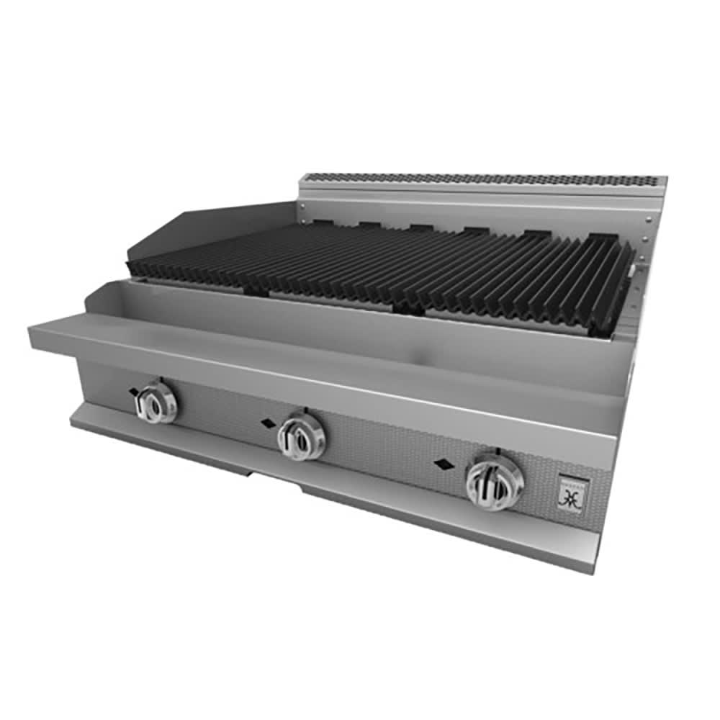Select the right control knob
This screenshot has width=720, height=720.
click(495, 482)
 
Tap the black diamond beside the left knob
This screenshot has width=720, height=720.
click(133, 392)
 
